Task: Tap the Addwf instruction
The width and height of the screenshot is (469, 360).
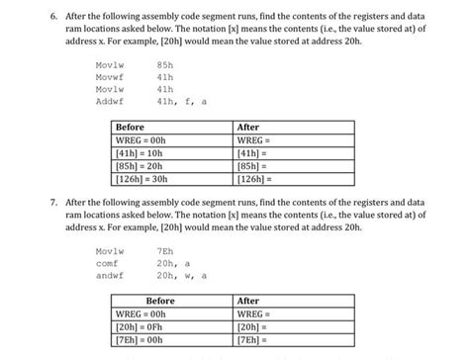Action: click(109, 101)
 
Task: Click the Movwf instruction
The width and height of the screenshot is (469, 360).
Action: click(109, 76)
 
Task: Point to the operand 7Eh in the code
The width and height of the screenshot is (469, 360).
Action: click(166, 251)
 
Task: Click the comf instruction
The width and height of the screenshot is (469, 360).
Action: click(107, 263)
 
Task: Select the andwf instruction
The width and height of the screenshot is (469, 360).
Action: click(109, 276)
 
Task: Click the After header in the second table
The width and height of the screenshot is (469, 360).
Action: click(248, 301)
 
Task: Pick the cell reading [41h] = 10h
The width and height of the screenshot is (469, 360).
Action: click(140, 153)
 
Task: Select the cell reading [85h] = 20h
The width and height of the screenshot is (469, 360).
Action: click(140, 166)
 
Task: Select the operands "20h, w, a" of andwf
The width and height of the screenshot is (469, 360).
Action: click(182, 276)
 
